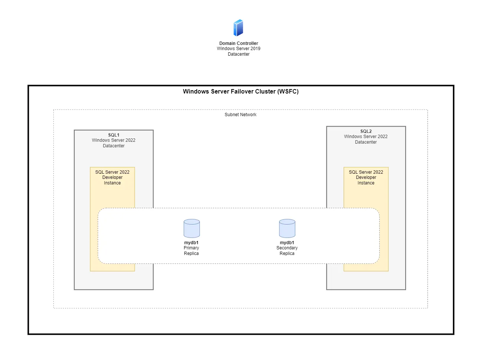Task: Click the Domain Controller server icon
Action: click(238, 28)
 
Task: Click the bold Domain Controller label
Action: click(238, 43)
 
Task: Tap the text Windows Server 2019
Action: click(238, 49)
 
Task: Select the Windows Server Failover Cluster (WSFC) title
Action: click(240, 92)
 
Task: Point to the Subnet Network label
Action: click(240, 115)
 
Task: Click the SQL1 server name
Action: click(113, 135)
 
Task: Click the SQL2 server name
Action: click(366, 131)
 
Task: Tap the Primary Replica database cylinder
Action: click(192, 228)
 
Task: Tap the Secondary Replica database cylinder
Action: click(287, 228)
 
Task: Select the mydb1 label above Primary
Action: click(191, 243)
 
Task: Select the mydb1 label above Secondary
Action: click(287, 243)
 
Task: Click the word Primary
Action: click(191, 248)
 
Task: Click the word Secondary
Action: click(287, 248)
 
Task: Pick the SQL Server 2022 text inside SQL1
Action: click(112, 172)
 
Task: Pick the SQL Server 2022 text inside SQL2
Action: click(366, 172)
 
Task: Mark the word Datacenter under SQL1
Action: click(113, 146)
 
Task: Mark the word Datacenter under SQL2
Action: click(366, 142)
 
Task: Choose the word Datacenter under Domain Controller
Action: click(238, 54)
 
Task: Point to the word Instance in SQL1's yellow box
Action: click(112, 183)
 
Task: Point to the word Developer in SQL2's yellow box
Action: click(366, 177)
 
